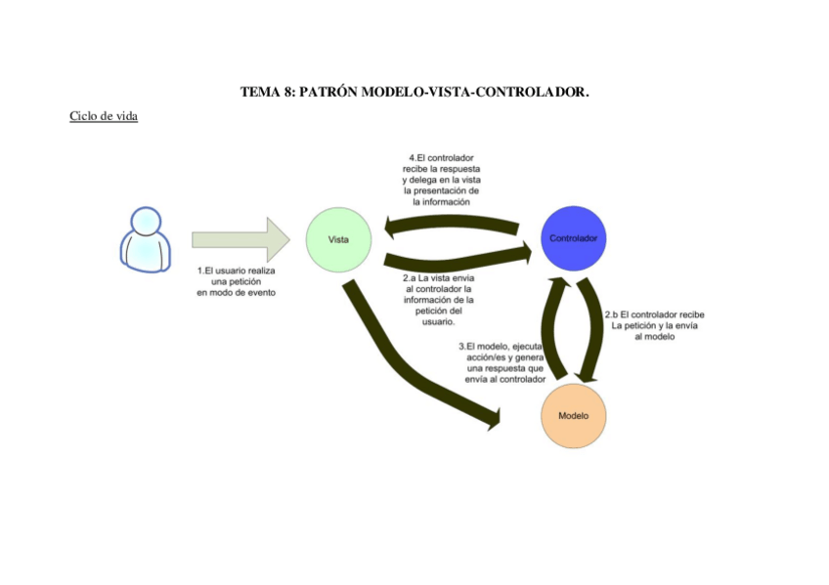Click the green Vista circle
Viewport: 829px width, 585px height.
(338, 239)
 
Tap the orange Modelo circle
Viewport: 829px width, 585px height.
(573, 415)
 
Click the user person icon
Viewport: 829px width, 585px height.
(145, 238)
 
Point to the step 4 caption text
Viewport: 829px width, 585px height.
(441, 180)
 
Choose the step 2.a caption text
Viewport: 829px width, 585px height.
(438, 300)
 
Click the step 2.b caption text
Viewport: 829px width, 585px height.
(653, 325)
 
